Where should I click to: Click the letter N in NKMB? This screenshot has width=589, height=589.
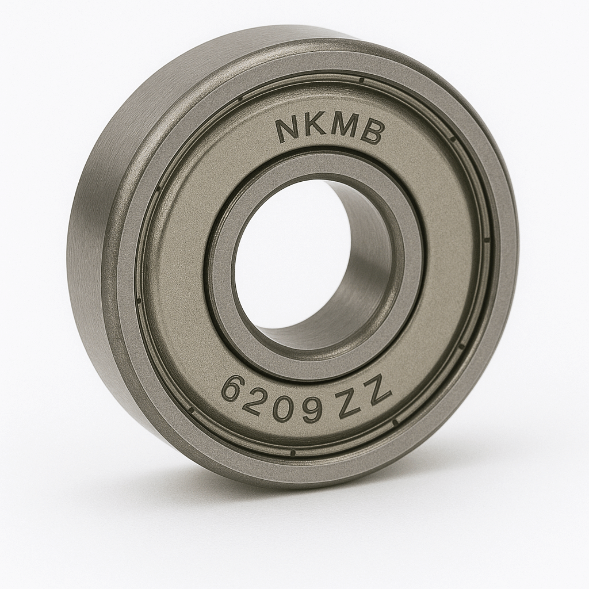287,130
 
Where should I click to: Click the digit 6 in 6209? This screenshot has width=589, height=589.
233,389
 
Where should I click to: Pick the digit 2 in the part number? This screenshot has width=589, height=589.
255,401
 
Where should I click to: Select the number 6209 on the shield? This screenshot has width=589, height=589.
272,403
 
